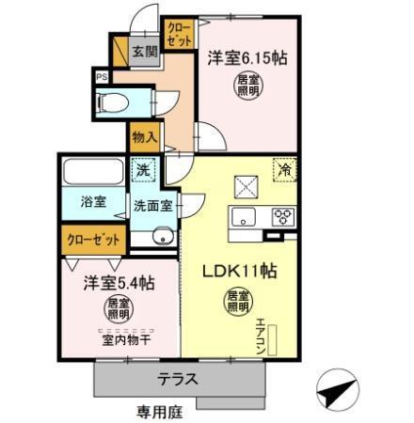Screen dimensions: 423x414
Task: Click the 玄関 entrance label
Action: click(144, 51)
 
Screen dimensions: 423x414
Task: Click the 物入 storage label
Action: click(144, 137)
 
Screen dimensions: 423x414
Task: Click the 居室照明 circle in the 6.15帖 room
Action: click(247, 86)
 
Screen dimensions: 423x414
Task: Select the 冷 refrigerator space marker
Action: click(282, 172)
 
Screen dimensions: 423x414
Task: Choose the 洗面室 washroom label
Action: click(150, 204)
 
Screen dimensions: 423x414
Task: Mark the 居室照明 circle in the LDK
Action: click(237, 302)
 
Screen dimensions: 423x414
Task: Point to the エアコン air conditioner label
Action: click(261, 334)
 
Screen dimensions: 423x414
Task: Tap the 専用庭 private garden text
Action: click(156, 411)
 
